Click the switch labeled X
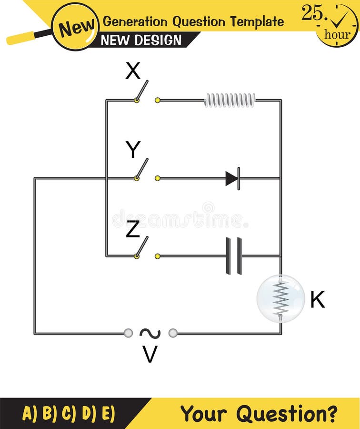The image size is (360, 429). tap(142, 92)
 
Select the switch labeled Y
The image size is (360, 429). tap(142, 170)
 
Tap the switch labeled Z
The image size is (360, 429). tap(142, 247)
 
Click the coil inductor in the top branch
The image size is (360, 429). tap(230, 100)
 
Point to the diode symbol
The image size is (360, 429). tap(233, 178)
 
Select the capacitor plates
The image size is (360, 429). tap(234, 256)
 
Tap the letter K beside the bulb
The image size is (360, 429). tap(317, 300)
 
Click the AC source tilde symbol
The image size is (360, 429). tap(150, 333)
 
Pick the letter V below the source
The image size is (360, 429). tap(150, 355)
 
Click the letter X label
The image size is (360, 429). tap(133, 71)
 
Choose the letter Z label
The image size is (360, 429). tap(133, 229)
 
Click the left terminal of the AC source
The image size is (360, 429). tap(128, 333)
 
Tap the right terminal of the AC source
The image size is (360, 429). tap(173, 333)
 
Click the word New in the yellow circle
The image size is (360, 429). tap(75, 27)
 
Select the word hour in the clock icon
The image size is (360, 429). tap(337, 34)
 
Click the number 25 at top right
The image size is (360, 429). tap(312, 13)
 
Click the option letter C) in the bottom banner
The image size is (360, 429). tap(69, 413)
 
